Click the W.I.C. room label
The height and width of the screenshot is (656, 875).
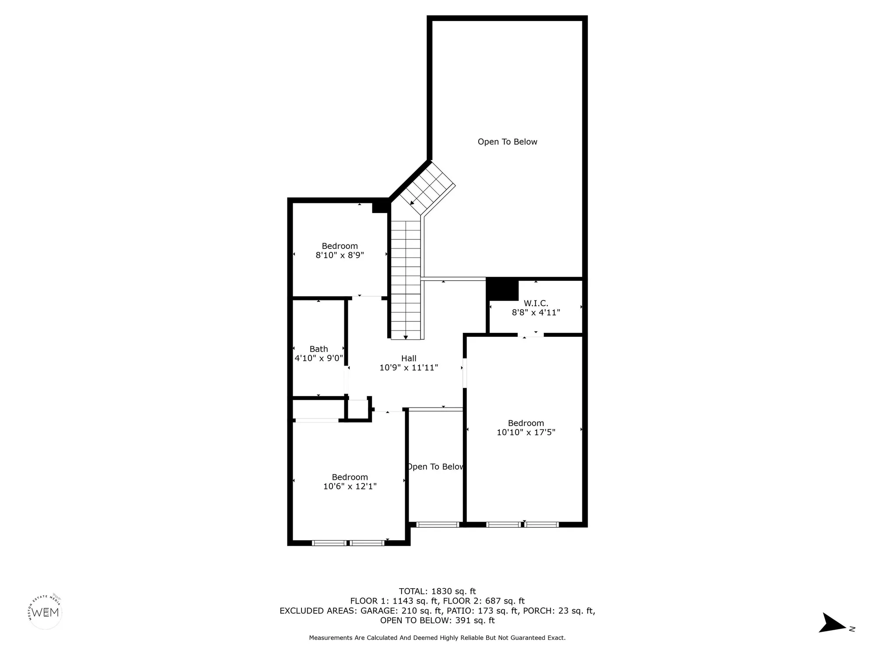[x=536, y=303]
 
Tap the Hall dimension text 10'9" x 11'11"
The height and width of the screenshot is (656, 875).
[x=409, y=368]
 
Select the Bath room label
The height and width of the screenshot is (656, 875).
[x=318, y=349]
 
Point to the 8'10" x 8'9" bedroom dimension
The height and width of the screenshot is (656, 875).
[x=340, y=255]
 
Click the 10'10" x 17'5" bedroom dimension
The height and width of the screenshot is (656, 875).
[x=526, y=432]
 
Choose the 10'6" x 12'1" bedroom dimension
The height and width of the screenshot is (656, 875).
[x=350, y=486]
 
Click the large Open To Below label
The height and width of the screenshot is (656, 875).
[x=507, y=142]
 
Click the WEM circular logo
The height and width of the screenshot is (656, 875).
[x=45, y=612]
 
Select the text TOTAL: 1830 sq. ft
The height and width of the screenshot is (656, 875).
[x=437, y=591]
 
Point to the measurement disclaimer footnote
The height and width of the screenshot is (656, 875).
[x=437, y=638]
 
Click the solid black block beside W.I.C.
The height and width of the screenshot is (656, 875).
[x=502, y=290]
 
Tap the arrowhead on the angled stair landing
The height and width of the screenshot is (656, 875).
[x=412, y=202]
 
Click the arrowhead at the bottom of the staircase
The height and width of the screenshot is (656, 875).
[x=406, y=337]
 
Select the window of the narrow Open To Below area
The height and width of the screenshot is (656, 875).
[x=437, y=524]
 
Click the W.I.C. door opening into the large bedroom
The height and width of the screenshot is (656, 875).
[x=531, y=335]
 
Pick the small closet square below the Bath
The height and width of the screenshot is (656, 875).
[x=357, y=410]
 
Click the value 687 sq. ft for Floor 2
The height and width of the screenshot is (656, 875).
[x=505, y=601]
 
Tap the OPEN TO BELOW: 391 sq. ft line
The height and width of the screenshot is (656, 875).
[x=437, y=620]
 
